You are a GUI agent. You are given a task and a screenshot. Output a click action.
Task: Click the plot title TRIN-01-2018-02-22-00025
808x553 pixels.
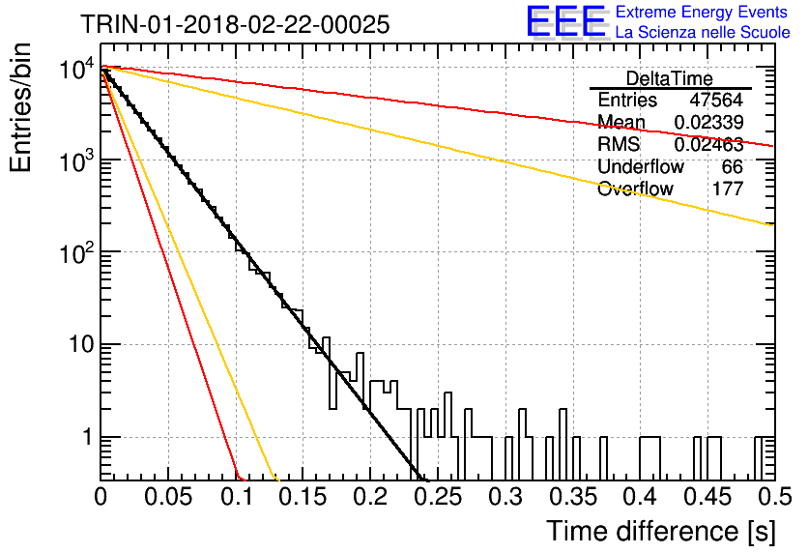pos(235,24)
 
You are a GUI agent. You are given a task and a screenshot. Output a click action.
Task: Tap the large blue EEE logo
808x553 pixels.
pos(566,21)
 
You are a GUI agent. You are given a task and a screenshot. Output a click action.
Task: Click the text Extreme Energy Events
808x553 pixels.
pos(702,12)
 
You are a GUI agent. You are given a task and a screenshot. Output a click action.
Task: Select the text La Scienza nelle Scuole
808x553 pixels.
pos(703,32)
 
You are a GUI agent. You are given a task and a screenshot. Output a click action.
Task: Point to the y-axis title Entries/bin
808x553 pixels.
pos(20,107)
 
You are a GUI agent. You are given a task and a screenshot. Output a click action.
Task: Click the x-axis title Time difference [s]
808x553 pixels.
pos(661,531)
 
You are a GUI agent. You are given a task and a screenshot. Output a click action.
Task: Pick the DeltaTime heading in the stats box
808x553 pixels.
pos(670,78)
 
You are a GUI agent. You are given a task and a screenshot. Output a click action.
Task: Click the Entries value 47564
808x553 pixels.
pos(716,100)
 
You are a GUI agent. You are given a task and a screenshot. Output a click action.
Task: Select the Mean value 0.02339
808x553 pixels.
pos(708,122)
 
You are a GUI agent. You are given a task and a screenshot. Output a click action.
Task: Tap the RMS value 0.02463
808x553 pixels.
pos(708,144)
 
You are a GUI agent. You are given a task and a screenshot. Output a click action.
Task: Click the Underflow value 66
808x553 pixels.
pos(733,166)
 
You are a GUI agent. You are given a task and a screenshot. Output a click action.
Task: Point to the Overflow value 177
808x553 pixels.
pos(728,189)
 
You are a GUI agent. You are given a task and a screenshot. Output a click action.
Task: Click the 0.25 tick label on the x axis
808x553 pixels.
pos(439,497)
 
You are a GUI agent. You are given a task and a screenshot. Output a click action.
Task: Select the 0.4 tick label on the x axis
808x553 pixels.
pos(642,497)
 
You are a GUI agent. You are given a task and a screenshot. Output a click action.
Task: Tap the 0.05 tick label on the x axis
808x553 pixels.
pos(168,497)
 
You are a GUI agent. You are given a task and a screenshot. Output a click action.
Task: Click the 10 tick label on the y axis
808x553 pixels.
pos(82,344)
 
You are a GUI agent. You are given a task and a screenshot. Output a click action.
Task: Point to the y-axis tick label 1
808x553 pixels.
pos(88,437)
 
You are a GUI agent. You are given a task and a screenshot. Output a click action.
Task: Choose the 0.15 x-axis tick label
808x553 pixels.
pos(303,497)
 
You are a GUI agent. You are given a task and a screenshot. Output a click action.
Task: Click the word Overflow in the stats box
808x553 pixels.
pos(635,189)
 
